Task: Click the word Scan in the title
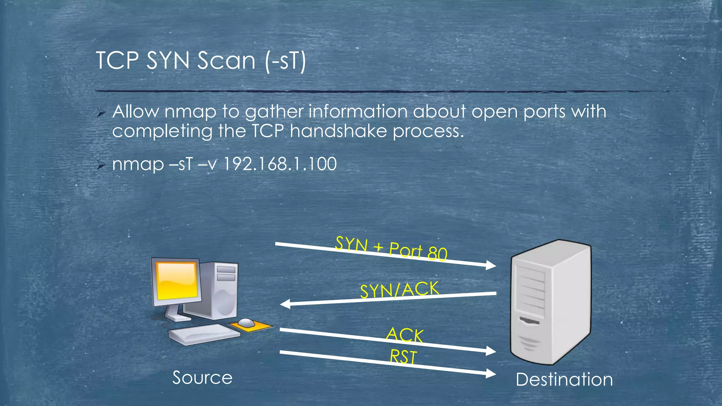click(226, 61)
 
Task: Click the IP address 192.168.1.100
click(280, 164)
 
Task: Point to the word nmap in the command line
click(138, 164)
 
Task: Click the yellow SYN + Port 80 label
click(391, 248)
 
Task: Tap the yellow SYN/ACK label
click(399, 289)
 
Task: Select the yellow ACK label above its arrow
click(405, 335)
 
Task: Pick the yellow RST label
click(403, 357)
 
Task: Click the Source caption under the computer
click(202, 378)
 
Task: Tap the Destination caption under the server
click(564, 380)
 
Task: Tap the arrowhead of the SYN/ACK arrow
click(284, 304)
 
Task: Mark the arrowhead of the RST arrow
click(491, 374)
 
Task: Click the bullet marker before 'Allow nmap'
click(101, 113)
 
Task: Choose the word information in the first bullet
click(358, 112)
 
